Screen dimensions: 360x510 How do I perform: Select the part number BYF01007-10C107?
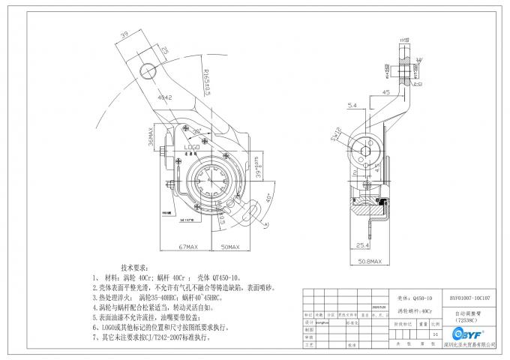[469, 297]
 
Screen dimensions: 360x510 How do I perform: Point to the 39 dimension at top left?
[122, 35]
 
